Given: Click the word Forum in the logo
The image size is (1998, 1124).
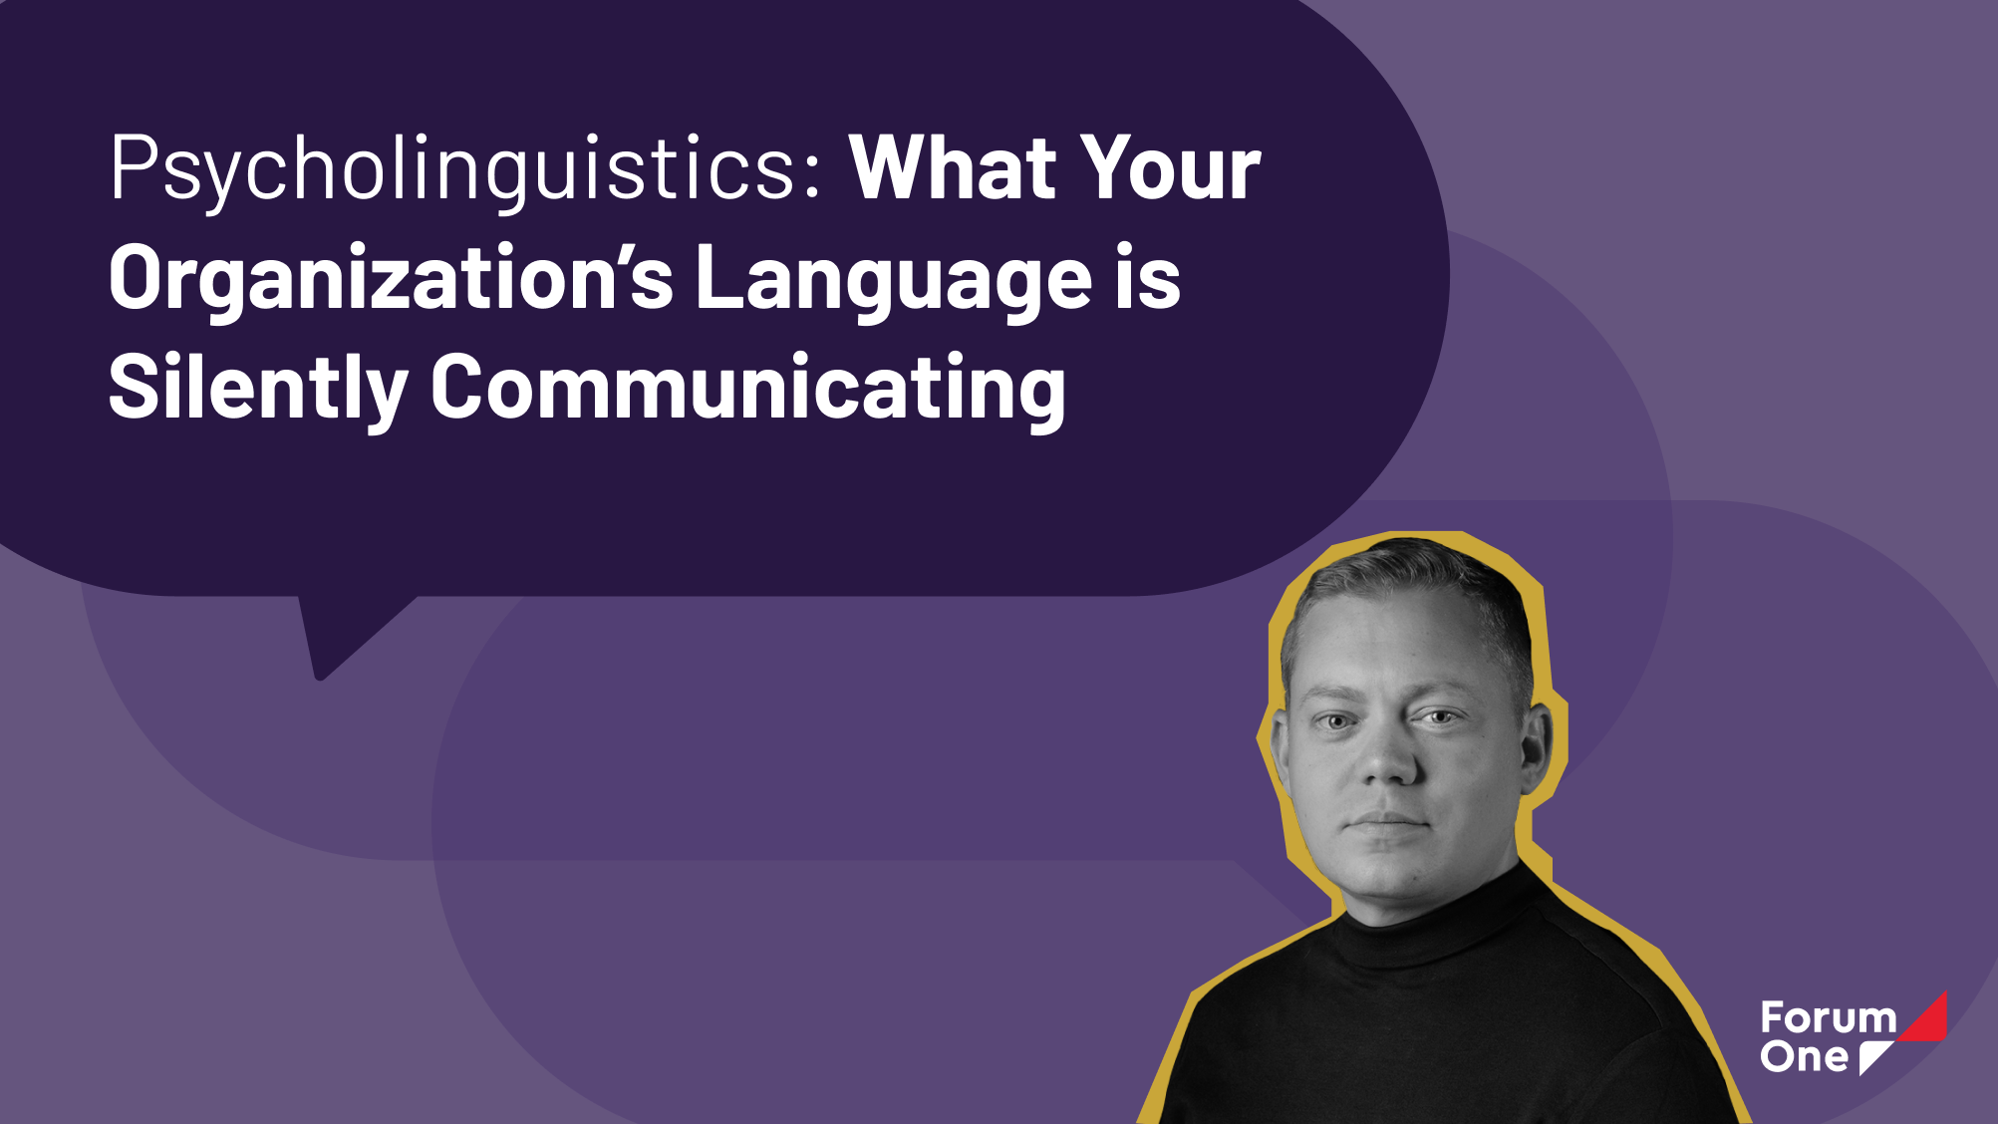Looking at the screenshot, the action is pyautogui.click(x=1829, y=1018).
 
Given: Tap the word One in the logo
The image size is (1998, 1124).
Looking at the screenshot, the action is pyautogui.click(x=1804, y=1056).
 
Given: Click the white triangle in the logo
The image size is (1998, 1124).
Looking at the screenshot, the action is pyautogui.click(x=1872, y=1055).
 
